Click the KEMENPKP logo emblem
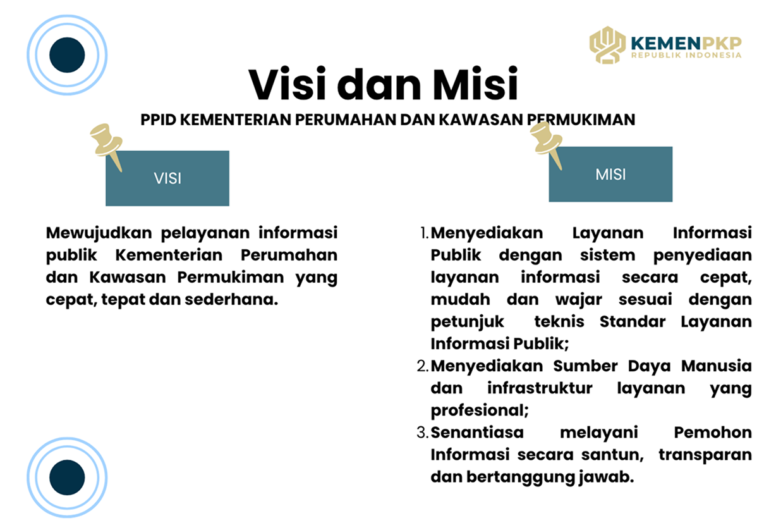coord(607,46)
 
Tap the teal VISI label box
coord(167,178)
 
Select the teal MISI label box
coord(610,174)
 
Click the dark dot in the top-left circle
coord(67,55)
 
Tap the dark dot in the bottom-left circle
coord(67,477)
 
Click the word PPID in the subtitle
coord(159,120)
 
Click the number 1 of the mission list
coord(424,233)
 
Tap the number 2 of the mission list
coord(423,366)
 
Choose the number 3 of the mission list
coord(423,433)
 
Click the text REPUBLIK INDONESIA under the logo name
coord(686,56)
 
